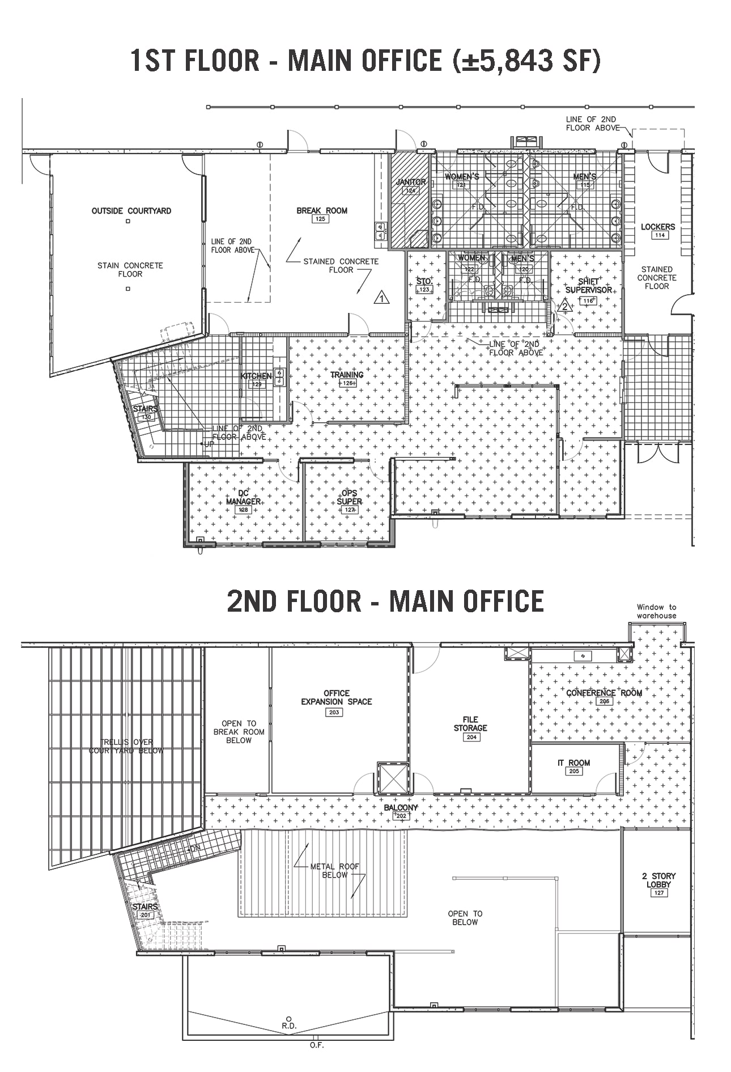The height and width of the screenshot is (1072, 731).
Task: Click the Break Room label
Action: pos(321,210)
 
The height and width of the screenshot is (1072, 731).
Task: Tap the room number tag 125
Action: pos(321,219)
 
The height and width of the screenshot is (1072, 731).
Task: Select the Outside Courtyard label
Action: pos(131,211)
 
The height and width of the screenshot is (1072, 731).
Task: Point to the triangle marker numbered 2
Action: pos(564,307)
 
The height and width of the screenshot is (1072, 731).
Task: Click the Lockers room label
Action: pos(658,227)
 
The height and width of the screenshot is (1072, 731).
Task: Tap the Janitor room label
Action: pos(411,182)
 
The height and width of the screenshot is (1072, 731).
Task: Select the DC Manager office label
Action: pos(243,497)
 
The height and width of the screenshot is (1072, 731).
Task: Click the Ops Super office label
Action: pos(349,497)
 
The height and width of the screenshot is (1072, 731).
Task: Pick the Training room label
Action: pos(347,375)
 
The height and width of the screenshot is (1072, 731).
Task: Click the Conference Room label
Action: pos(604,693)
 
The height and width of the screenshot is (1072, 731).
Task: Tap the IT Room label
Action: pos(574,762)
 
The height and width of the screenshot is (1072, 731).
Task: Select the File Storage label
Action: pos(470,723)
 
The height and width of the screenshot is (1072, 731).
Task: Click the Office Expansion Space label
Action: pos(336,697)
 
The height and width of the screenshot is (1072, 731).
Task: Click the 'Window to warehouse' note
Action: pos(656,611)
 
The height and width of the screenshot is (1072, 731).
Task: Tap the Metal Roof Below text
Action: pos(334,870)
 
